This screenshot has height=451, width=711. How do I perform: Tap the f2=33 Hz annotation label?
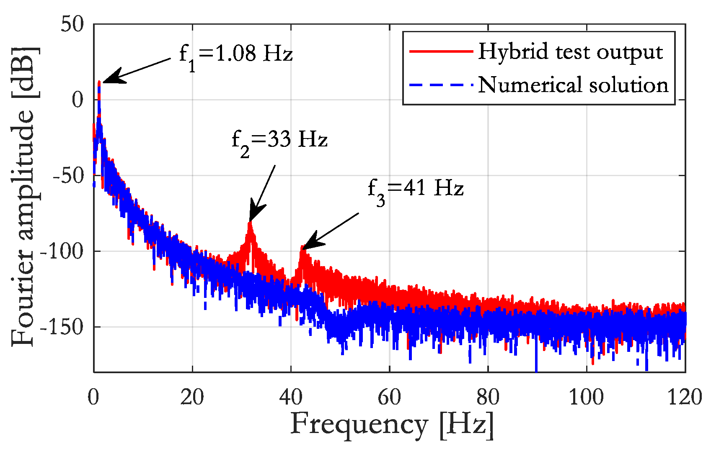[x=279, y=140]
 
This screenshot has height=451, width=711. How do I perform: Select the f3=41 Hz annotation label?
[x=415, y=189]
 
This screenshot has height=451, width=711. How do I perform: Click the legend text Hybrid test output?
[x=571, y=51]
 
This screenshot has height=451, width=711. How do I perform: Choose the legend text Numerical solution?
[x=573, y=85]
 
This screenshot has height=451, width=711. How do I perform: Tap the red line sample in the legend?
[x=441, y=51]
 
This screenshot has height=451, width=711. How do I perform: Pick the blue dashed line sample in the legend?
[x=441, y=85]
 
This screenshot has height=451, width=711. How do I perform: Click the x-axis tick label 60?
[x=389, y=397]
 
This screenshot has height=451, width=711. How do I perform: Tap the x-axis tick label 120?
[x=684, y=397]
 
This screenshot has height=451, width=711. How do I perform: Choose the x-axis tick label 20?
[x=192, y=397]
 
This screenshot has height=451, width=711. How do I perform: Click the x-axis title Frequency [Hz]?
[x=392, y=425]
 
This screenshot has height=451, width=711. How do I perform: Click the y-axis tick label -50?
[x=67, y=176]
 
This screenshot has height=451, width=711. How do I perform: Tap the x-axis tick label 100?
[x=586, y=397]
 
